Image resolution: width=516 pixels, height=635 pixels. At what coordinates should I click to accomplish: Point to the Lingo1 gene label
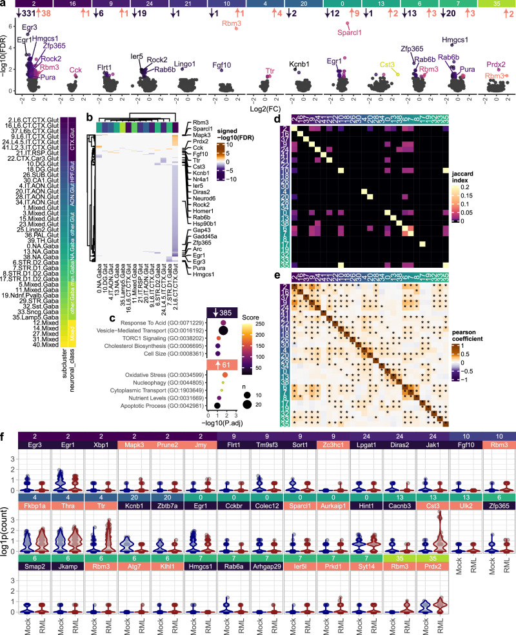pyautogui.click(x=185, y=65)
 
